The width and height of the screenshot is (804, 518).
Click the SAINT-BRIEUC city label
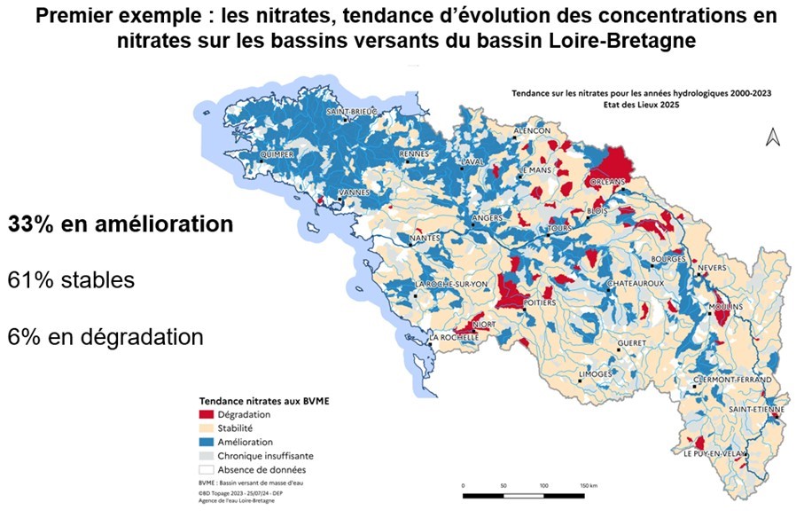click(x=352, y=112)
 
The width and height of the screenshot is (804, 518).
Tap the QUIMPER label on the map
click(x=277, y=153)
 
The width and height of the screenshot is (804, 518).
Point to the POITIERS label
click(x=540, y=302)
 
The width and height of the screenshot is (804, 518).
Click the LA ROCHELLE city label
click(x=454, y=338)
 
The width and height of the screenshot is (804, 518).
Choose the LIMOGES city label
click(x=594, y=374)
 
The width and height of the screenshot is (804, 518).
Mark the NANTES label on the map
click(x=425, y=238)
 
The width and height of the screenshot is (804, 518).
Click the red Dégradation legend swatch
click(x=207, y=414)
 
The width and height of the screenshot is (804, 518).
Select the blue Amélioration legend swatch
click(x=207, y=442)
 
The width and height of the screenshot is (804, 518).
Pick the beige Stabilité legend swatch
click(x=207, y=428)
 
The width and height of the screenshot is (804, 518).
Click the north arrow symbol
click(x=771, y=137)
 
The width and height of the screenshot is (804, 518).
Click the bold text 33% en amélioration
click(x=121, y=224)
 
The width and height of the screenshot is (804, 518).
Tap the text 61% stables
click(x=71, y=281)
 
